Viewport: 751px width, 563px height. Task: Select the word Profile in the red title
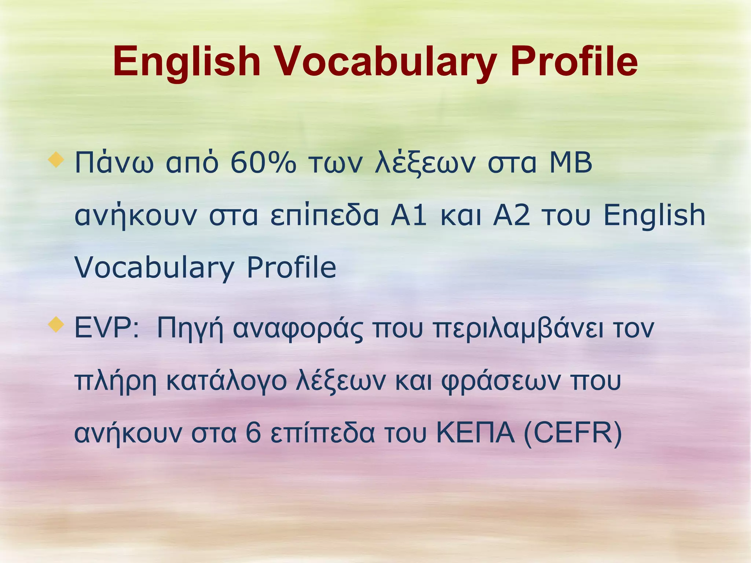(574, 62)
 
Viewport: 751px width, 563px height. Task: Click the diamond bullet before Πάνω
(56, 160)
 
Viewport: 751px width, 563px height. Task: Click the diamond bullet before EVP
(56, 325)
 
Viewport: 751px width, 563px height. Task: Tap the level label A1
(409, 215)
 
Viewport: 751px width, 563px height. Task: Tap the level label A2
(512, 215)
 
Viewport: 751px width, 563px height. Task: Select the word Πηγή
(190, 329)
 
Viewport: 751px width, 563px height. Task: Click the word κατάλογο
(226, 381)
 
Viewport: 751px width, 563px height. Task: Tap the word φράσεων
(501, 382)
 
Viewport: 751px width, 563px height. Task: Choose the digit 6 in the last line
(253, 433)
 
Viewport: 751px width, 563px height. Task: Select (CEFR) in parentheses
(573, 434)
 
